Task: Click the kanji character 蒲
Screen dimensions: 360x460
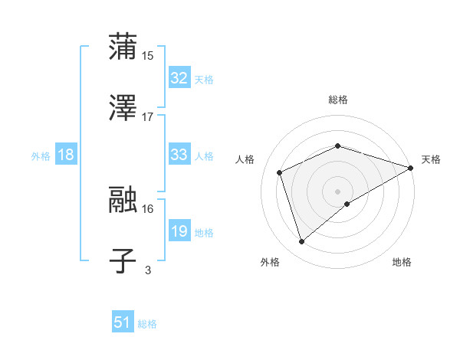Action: coord(123,47)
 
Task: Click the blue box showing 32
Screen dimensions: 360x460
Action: coord(179,78)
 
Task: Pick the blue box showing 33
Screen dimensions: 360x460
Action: coord(179,155)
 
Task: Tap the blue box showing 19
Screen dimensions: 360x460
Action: coord(179,231)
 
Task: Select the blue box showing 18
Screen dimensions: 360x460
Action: coord(65,155)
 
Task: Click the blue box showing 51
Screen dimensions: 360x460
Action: coord(123,322)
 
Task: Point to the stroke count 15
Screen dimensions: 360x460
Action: coord(148,55)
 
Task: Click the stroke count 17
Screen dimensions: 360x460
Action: coord(148,117)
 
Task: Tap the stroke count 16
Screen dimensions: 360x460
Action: coord(148,208)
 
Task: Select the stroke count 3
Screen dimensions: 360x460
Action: coord(148,270)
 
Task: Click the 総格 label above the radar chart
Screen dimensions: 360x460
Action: coord(338,100)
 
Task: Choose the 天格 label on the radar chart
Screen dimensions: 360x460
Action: coord(431,159)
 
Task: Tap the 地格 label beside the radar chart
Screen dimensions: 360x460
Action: coord(402,262)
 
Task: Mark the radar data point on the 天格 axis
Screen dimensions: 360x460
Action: coord(410,168)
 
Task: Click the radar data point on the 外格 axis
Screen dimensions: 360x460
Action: coord(302,242)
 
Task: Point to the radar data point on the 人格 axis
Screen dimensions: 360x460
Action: coord(281,172)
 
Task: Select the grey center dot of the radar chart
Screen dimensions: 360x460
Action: coord(338,191)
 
